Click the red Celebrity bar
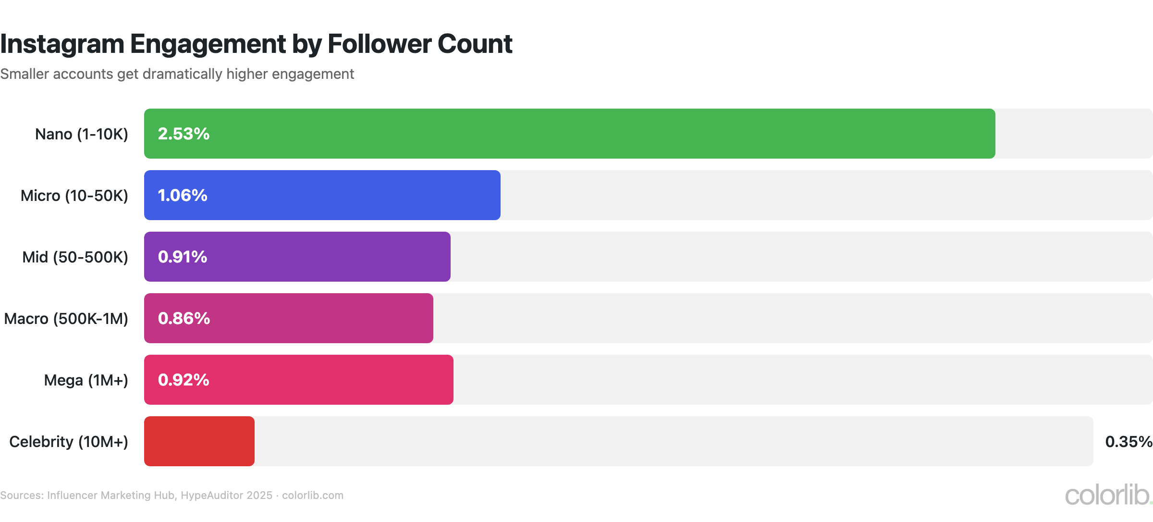[199, 441]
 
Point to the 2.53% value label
[184, 134]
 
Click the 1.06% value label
[183, 195]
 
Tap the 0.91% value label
[183, 257]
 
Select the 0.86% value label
[184, 318]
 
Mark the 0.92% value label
[184, 380]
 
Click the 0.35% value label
[1128, 441]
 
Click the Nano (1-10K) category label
[82, 134]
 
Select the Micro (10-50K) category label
[74, 196]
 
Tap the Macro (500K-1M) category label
[66, 319]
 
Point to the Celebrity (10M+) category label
[69, 442]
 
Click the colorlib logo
[1107, 495]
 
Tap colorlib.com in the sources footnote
[312, 495]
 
